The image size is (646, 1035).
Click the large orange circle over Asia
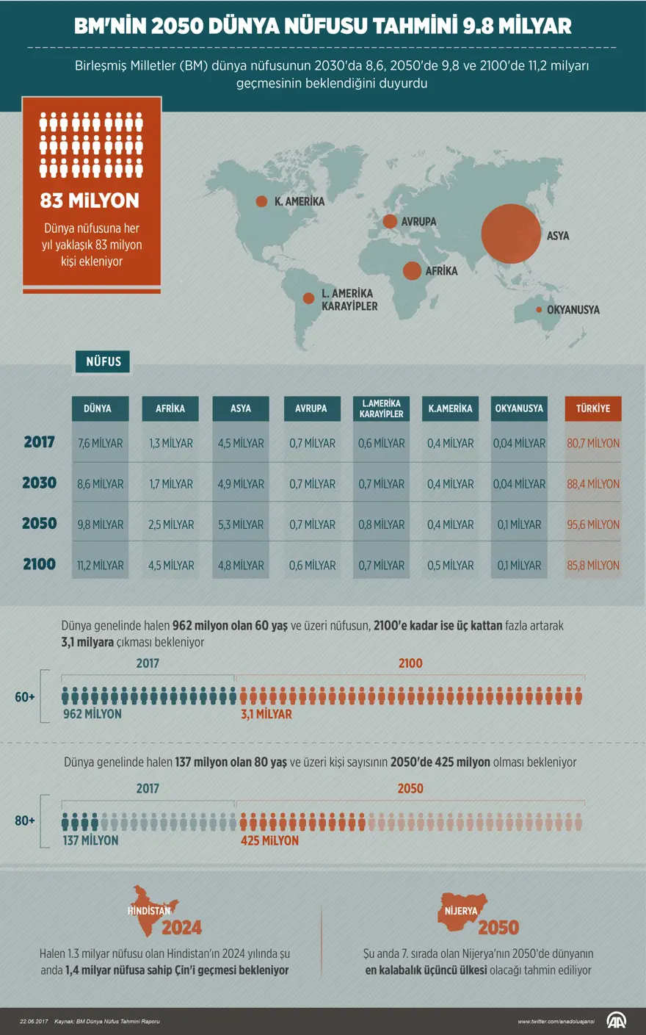[x=510, y=234]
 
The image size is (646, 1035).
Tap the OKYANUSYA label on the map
[x=573, y=310]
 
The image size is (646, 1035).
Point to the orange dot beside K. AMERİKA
[x=261, y=201]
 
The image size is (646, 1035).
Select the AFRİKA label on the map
[x=441, y=271]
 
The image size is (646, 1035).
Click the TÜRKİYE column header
[x=593, y=408]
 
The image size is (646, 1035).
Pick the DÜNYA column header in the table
[x=100, y=408]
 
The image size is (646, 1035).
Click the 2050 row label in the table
[x=40, y=524]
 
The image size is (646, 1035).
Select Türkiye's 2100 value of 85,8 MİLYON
[x=593, y=566]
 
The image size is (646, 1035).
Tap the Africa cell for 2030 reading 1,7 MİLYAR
[x=170, y=484]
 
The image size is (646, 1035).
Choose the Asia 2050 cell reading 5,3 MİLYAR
[x=241, y=524]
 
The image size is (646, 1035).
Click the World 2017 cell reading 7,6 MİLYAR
[x=100, y=444]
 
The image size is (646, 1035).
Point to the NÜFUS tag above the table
[x=104, y=361]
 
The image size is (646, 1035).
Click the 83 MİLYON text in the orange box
[x=90, y=201]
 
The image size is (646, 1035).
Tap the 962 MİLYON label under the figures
[x=92, y=714]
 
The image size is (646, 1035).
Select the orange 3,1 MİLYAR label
[x=266, y=714]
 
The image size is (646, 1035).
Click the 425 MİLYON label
[x=269, y=840]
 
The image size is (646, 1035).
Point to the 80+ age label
[x=25, y=821]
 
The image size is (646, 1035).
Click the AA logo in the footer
[x=616, y=1020]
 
